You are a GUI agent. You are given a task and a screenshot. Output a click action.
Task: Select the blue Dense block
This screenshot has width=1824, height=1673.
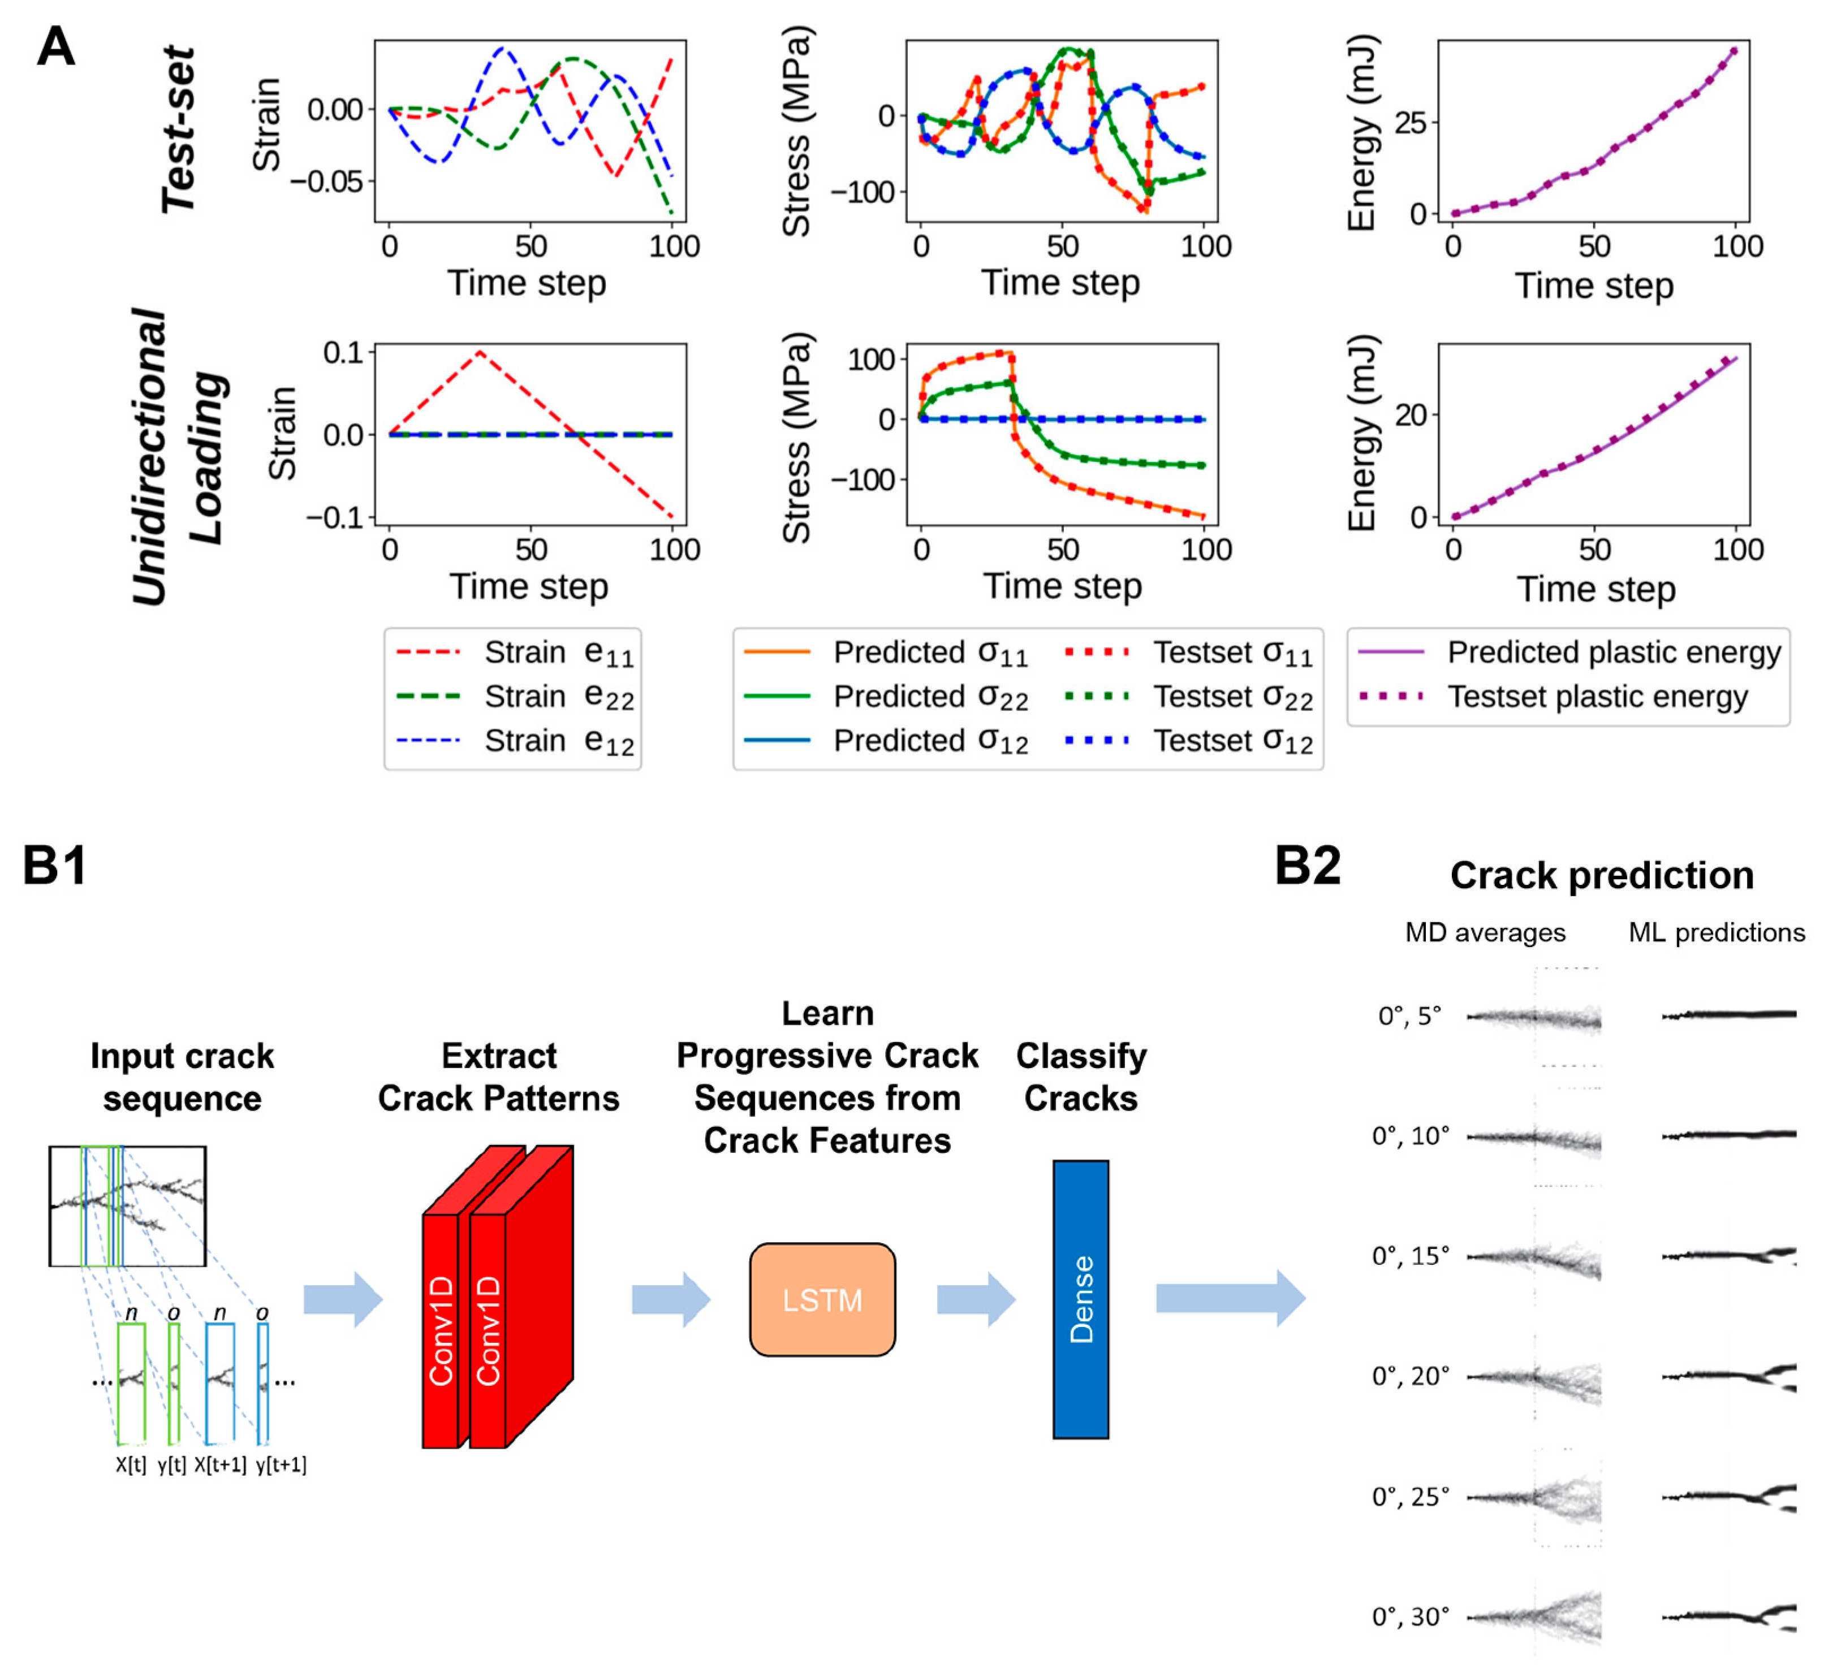pos(1080,1299)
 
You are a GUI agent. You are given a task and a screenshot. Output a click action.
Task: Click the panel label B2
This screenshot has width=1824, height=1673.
pos(1307,866)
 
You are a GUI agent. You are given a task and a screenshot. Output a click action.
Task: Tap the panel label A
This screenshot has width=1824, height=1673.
pos(55,47)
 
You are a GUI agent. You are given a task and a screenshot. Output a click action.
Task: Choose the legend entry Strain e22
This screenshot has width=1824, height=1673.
pos(559,696)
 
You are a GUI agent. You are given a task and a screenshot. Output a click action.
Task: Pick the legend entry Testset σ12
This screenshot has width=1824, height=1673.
pos(1232,741)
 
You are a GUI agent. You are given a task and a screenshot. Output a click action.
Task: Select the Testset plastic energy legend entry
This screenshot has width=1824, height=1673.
pos(1597,696)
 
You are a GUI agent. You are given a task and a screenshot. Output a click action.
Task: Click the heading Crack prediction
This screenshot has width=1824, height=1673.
pos(1601,875)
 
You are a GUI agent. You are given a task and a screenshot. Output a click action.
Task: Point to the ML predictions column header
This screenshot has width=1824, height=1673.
pos(1716,932)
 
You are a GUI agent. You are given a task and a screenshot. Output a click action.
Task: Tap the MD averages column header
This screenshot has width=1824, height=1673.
pos(1485,932)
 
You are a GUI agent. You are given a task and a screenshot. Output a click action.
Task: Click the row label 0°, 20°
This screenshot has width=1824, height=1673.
pos(1410,1376)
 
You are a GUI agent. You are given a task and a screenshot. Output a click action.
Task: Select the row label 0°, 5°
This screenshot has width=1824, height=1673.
pos(1409,1016)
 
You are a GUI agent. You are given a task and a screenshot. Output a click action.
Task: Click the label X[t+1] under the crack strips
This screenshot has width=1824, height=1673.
pos(220,1464)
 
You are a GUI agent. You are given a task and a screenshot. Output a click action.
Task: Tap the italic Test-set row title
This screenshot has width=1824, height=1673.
pos(178,129)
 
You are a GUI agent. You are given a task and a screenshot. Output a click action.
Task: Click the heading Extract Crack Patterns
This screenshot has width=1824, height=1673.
pos(498,1077)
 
